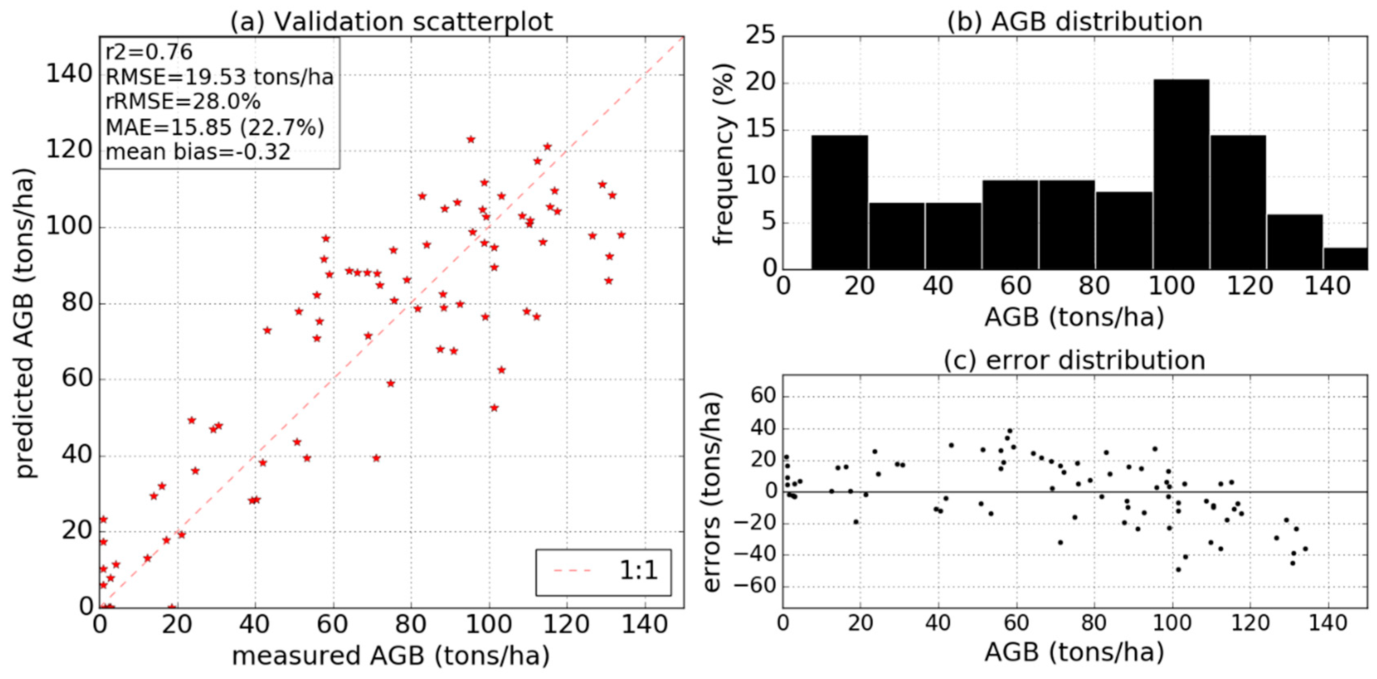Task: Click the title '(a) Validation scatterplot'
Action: click(x=391, y=21)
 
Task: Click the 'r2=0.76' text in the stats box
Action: click(x=149, y=52)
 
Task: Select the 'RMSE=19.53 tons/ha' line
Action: click(x=219, y=77)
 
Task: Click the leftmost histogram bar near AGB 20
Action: click(x=839, y=202)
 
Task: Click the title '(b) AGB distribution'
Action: click(x=1075, y=21)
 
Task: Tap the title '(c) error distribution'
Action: click(x=1075, y=360)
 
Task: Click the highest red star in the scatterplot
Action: click(x=470, y=139)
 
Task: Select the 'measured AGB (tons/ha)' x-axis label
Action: click(x=391, y=656)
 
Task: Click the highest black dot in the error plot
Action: click(x=1010, y=431)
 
